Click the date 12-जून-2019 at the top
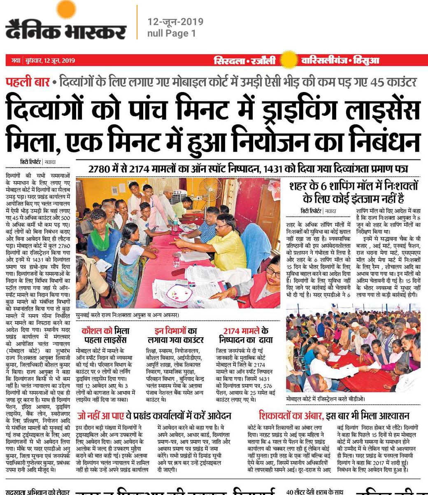tap(175, 22)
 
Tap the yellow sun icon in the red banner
tap(288, 60)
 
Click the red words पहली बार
tap(28, 82)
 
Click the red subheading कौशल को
tap(97, 331)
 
